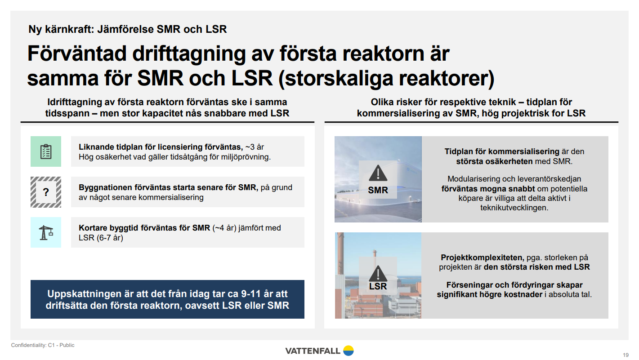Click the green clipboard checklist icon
(46, 151)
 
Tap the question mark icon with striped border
(46, 192)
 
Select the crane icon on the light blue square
(46, 232)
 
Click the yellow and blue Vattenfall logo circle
(349, 351)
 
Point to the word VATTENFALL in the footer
(313, 351)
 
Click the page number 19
(626, 355)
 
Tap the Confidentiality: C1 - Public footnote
(43, 345)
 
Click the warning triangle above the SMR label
(378, 173)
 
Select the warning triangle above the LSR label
(378, 274)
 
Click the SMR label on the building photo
(378, 190)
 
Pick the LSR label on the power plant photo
(378, 286)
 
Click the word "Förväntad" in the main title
(77, 53)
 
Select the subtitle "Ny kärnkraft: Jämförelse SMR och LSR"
(128, 29)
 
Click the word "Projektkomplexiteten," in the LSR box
(483, 258)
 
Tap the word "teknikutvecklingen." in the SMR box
(514, 208)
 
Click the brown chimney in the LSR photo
(340, 253)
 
